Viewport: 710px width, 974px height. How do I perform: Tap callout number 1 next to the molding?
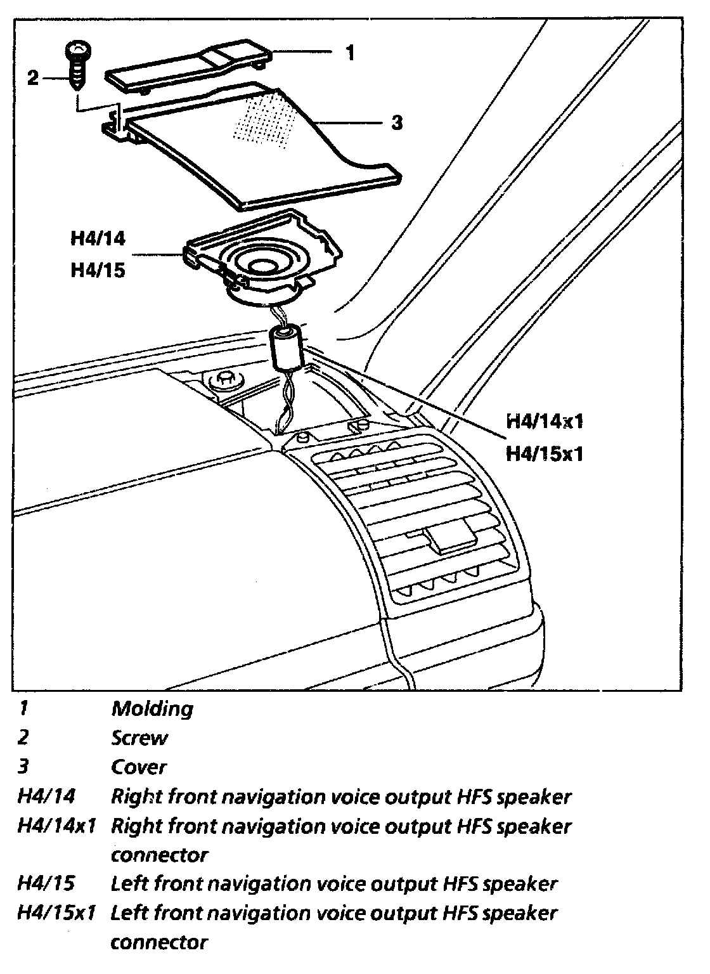coord(351,53)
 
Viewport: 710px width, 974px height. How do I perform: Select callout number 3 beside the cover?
coord(396,122)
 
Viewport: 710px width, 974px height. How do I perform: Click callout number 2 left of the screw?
coord(33,78)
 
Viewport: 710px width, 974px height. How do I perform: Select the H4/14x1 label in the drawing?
coord(544,422)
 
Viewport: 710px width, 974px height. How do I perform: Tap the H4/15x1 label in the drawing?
coord(544,454)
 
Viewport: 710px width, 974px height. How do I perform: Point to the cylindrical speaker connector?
coord(286,346)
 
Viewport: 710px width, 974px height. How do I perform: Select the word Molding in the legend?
coord(152,708)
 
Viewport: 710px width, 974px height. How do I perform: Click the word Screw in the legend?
coord(139,738)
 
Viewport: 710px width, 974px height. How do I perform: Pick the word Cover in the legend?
coord(139,767)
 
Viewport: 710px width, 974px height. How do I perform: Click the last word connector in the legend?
coord(159,943)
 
